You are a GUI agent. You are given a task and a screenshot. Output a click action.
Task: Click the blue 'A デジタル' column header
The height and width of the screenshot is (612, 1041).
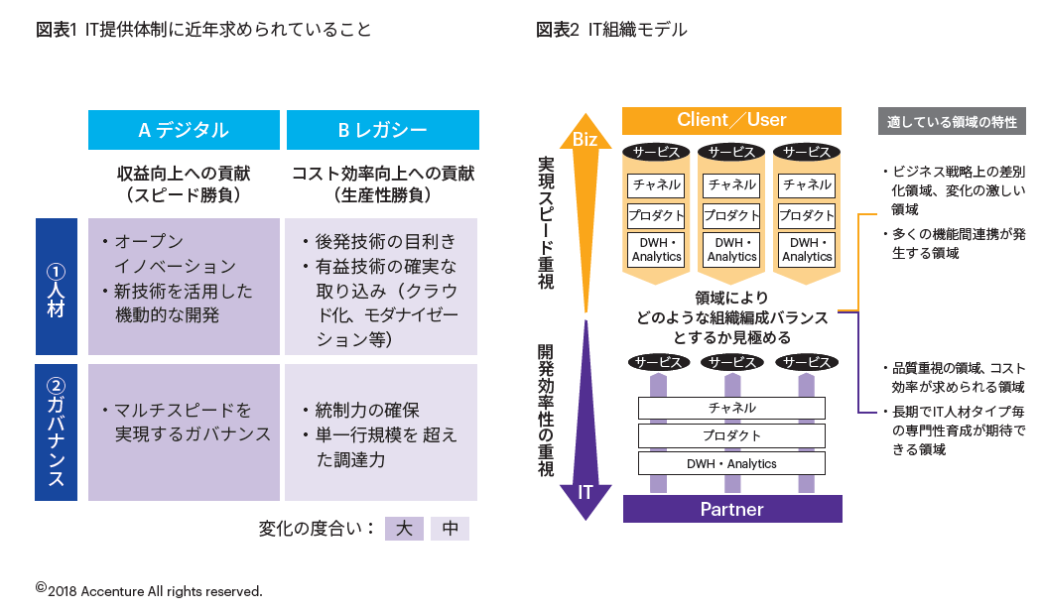click(x=184, y=130)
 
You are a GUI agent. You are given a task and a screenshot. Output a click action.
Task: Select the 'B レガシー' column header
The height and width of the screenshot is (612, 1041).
click(x=382, y=130)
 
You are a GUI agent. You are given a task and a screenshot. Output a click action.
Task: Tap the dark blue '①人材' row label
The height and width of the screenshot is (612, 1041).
click(x=57, y=288)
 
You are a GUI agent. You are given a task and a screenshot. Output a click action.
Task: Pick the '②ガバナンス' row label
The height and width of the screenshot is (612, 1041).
click(x=57, y=432)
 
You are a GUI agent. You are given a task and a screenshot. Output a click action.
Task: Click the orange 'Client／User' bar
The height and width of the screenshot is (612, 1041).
click(x=731, y=121)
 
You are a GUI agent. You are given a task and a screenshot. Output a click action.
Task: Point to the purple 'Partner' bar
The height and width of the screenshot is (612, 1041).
click(x=731, y=509)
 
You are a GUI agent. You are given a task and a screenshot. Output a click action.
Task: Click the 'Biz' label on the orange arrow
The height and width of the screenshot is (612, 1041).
click(x=586, y=140)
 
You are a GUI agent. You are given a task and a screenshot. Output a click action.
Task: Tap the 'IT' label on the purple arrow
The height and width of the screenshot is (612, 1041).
click(x=586, y=492)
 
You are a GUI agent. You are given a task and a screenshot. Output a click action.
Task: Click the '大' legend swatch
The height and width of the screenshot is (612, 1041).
click(x=404, y=529)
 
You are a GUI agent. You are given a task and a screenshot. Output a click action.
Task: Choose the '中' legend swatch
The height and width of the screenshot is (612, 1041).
click(x=450, y=529)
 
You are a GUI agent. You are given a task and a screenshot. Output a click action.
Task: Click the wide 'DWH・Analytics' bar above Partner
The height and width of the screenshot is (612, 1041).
click(x=731, y=463)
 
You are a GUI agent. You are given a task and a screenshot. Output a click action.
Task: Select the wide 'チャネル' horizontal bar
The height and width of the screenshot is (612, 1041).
click(x=731, y=408)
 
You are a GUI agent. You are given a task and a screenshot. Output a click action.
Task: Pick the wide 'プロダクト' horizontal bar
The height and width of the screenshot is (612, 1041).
click(x=731, y=435)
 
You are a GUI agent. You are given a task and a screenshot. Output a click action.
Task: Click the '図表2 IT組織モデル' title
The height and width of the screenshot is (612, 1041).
click(x=611, y=30)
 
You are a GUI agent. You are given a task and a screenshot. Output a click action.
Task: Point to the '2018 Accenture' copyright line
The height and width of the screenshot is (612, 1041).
click(x=149, y=590)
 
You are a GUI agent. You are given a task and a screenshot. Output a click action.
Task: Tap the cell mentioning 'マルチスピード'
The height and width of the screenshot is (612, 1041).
click(x=185, y=432)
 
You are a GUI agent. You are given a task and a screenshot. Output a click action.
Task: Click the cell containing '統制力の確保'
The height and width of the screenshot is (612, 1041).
click(x=381, y=432)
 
